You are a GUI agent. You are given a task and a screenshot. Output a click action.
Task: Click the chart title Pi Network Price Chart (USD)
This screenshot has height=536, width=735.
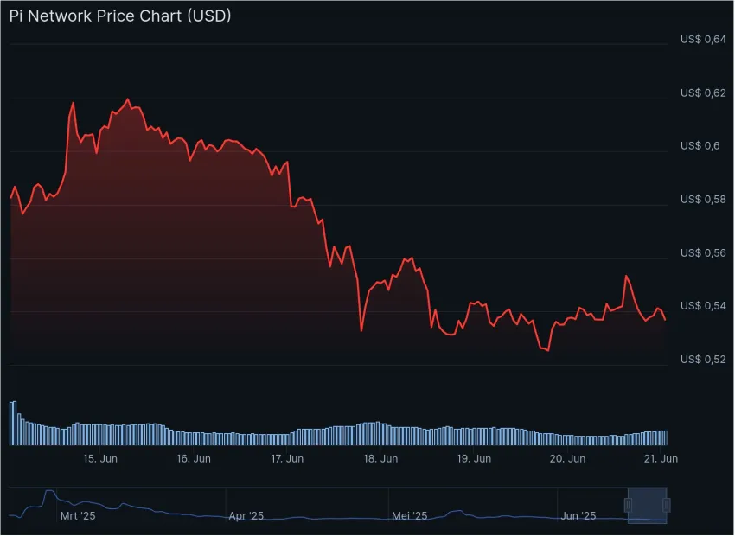[x=120, y=16]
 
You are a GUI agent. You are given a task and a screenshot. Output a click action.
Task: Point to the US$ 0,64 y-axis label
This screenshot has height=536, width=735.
[x=702, y=39]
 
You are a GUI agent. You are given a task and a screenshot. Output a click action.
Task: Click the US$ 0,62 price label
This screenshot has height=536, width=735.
[x=702, y=93]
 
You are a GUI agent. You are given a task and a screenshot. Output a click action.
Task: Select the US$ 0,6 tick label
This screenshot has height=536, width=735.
[x=700, y=145]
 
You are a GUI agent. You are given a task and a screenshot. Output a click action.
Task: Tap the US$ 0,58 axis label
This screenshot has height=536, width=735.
[x=702, y=199]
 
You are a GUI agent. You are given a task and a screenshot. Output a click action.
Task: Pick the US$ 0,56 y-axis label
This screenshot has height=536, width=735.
[x=702, y=252]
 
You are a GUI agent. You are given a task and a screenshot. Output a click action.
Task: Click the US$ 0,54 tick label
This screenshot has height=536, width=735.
[x=702, y=306]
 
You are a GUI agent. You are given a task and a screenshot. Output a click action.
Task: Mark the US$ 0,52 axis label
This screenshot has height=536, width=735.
[x=702, y=359]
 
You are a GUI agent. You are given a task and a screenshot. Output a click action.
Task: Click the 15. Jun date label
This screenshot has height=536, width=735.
[x=100, y=459]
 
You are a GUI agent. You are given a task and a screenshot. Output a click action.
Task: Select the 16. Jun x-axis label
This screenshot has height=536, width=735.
[x=194, y=459]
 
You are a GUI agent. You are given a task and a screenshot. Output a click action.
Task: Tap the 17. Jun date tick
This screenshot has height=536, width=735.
[x=287, y=459]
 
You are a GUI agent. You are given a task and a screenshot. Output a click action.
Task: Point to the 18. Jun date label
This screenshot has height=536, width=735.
[x=380, y=459]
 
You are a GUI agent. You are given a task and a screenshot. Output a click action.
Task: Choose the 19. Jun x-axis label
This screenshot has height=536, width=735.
[x=474, y=459]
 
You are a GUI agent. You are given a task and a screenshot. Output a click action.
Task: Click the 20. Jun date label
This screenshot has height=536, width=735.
[x=568, y=459]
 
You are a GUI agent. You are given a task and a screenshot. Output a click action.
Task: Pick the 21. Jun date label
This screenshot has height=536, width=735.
[x=660, y=459]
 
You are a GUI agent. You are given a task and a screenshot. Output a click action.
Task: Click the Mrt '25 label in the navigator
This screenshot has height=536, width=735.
[x=78, y=516]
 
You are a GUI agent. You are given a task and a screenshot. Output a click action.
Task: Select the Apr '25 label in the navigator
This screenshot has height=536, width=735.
[x=246, y=516]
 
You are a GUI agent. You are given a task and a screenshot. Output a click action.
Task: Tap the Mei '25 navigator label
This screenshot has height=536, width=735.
[x=410, y=516]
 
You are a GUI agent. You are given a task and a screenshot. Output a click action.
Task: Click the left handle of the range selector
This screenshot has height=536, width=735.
[x=630, y=505]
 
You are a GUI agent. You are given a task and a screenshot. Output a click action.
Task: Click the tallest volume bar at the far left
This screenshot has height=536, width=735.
[x=12, y=423]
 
